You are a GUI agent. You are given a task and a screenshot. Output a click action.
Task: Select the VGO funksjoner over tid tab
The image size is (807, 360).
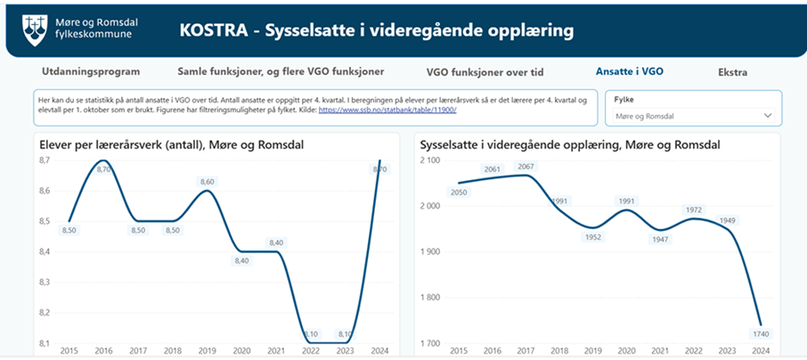point(485,72)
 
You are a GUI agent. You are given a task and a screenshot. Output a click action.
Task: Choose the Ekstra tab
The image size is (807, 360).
point(732,72)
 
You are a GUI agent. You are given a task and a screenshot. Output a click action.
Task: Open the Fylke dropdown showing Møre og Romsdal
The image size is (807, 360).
point(692,116)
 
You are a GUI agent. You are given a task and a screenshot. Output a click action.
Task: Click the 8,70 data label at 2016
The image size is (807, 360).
point(103,169)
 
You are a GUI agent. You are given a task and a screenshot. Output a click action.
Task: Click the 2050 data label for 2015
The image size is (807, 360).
point(459,192)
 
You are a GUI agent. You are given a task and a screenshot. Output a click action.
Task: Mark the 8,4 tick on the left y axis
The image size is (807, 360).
point(47,251)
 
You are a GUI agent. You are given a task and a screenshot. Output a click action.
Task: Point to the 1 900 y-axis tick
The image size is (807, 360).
point(430,251)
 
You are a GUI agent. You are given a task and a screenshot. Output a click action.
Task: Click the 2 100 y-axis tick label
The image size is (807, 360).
point(430,160)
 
